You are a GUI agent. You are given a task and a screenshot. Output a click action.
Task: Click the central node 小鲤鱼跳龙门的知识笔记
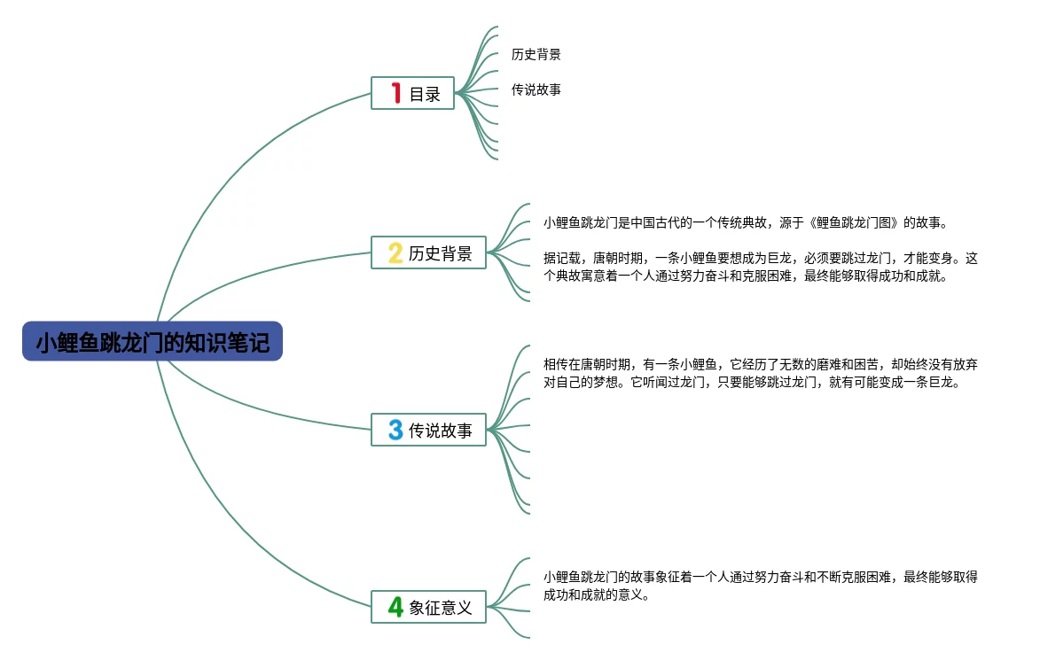point(152,341)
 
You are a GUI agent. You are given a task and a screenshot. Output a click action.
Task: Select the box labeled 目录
point(412,93)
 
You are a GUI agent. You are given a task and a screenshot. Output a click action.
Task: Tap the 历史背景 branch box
point(428,252)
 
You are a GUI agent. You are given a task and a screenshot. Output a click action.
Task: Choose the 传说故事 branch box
point(428,430)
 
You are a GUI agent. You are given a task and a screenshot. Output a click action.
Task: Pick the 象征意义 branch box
point(428,607)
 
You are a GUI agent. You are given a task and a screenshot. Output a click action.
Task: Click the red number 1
point(396,93)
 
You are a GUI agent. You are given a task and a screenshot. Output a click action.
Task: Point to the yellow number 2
point(395,252)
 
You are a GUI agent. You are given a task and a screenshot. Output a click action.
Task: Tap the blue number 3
point(395,430)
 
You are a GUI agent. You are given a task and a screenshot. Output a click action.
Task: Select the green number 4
point(395,607)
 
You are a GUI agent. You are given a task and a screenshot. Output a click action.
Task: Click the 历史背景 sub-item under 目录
point(536,54)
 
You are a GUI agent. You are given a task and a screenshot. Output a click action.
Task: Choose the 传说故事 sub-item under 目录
point(536,89)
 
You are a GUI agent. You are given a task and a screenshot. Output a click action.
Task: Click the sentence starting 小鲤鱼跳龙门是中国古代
point(746,222)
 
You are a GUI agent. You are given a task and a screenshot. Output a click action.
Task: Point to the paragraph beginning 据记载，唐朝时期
point(760,267)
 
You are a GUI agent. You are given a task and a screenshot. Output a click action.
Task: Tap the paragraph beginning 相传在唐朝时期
point(760,373)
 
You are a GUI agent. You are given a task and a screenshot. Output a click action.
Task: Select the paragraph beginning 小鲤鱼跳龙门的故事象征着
point(760,586)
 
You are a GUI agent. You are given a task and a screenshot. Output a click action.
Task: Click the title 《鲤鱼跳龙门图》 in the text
point(853,222)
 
